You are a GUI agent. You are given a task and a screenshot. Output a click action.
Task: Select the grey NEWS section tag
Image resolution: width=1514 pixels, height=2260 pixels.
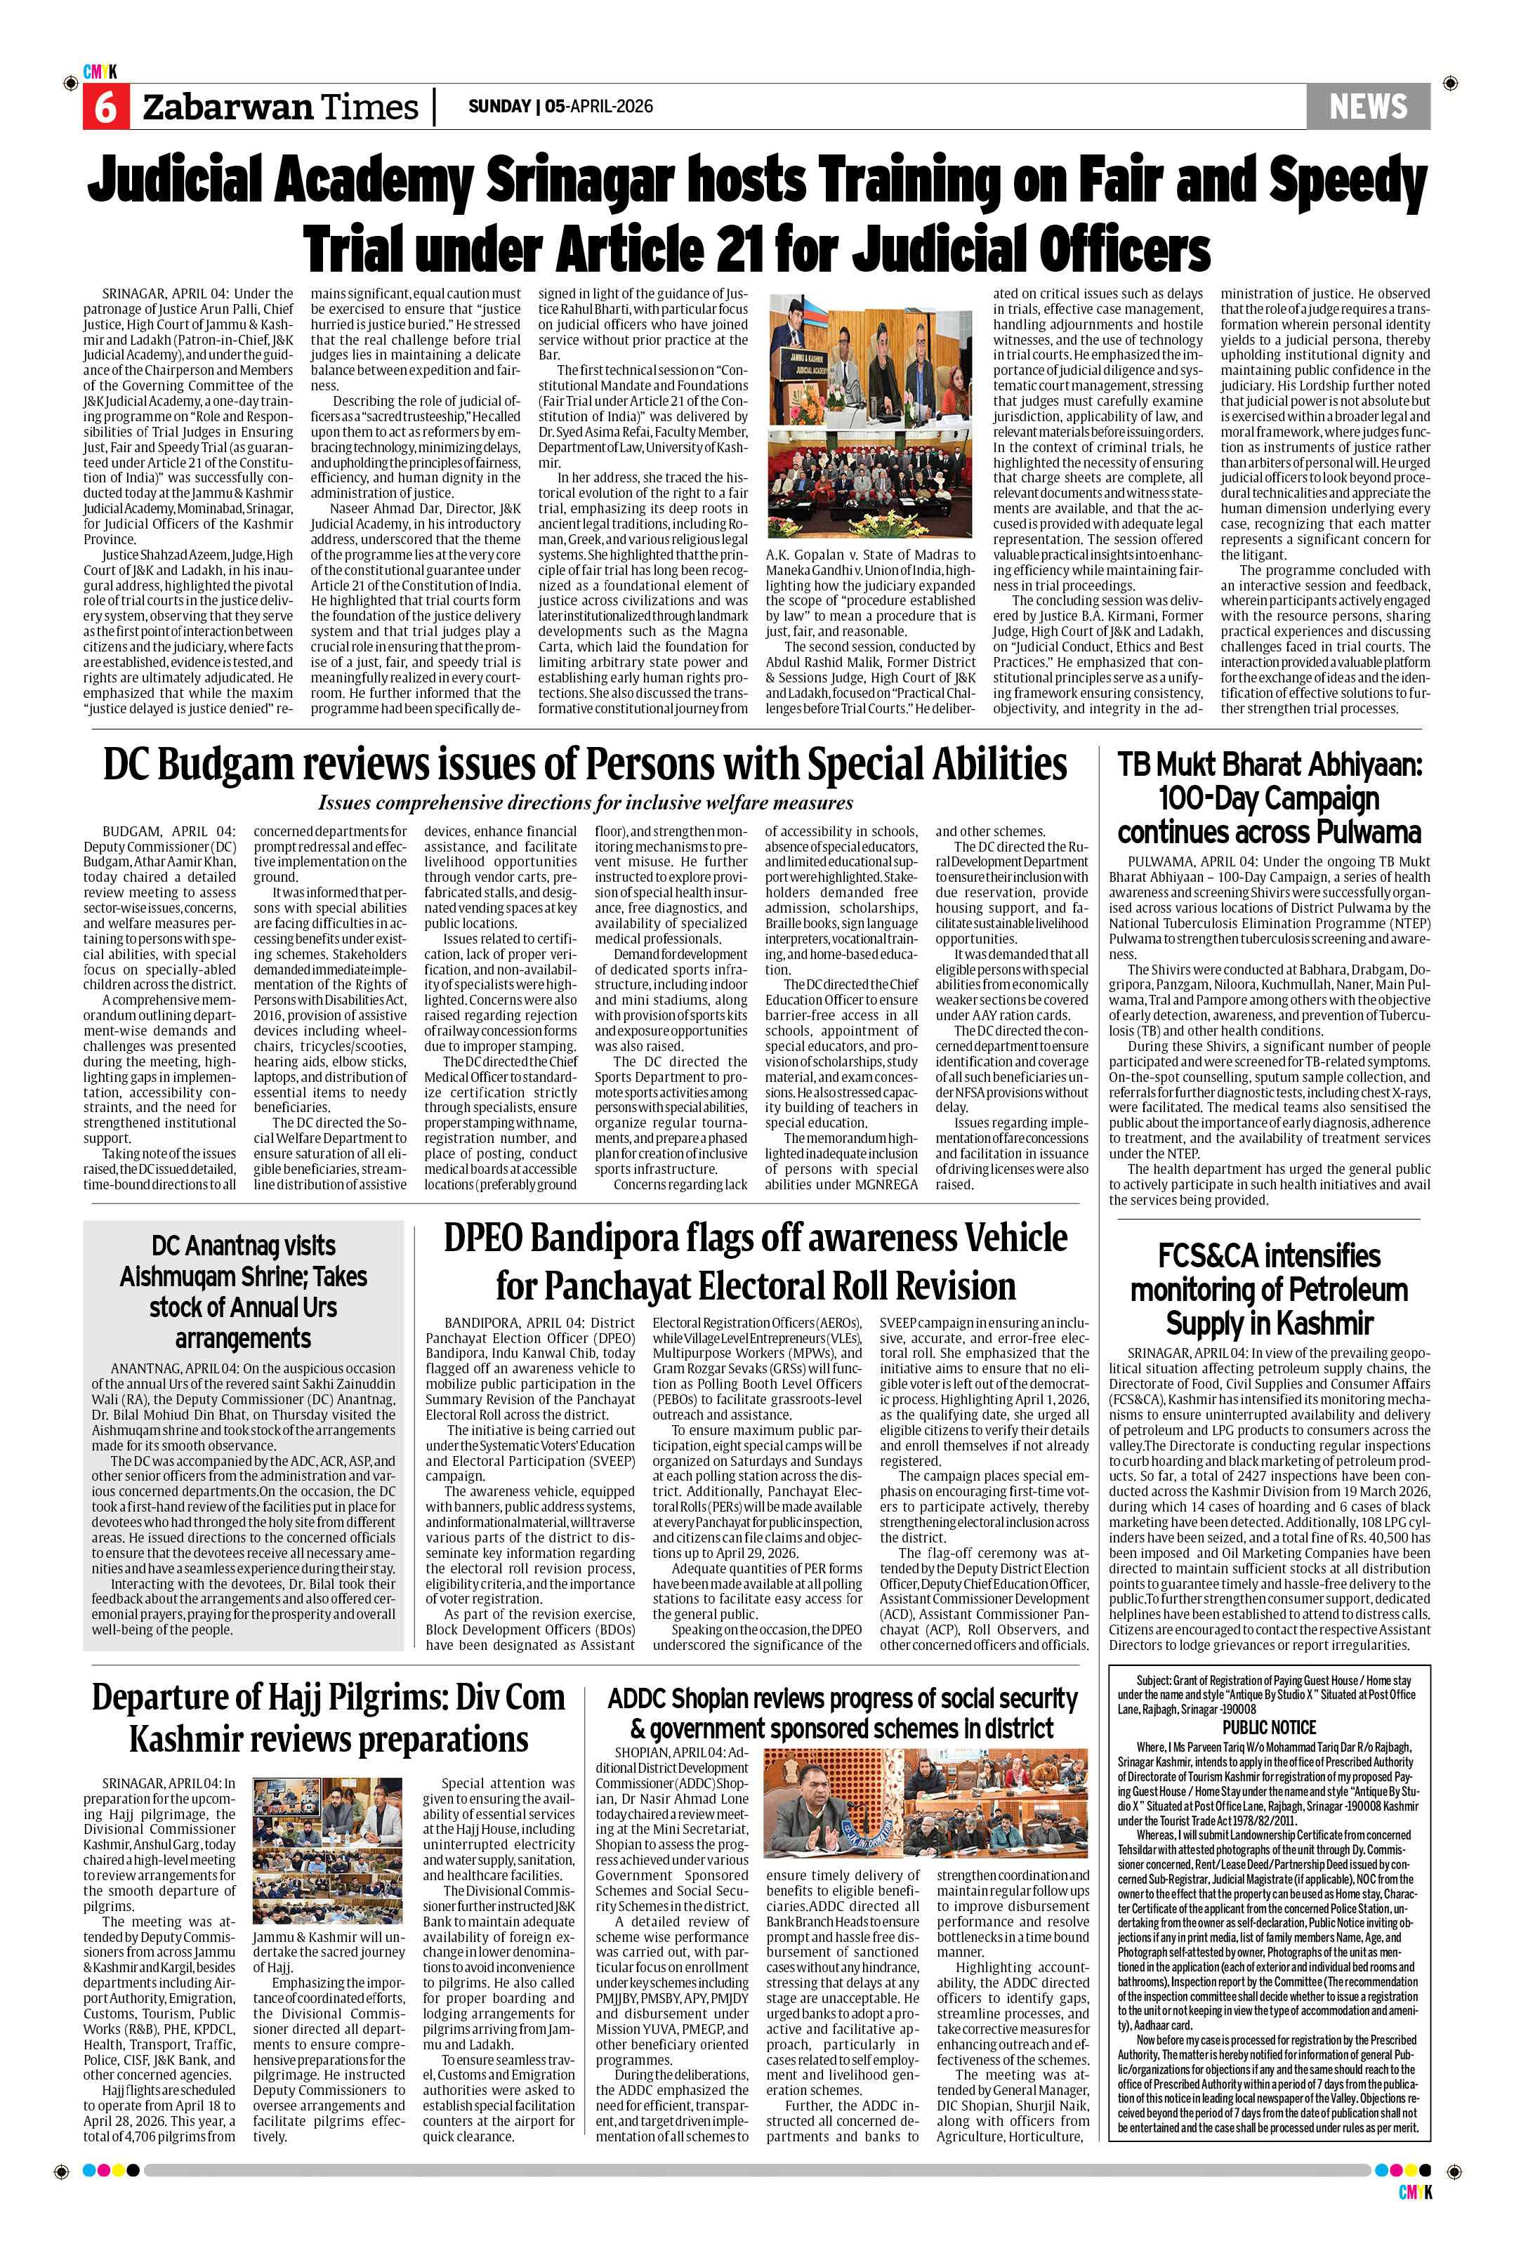tap(1367, 106)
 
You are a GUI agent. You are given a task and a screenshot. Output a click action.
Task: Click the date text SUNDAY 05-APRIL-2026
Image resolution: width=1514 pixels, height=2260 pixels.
tap(560, 106)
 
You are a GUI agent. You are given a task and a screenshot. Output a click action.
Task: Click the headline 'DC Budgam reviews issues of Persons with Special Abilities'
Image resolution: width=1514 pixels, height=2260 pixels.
tap(585, 765)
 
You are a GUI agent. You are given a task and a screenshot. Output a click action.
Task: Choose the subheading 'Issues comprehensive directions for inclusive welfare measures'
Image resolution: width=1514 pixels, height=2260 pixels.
tap(585, 803)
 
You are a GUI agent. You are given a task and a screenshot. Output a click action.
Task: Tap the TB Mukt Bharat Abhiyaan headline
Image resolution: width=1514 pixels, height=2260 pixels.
tap(1269, 798)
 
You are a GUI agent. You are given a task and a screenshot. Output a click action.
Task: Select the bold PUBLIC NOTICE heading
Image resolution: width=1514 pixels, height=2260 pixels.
tap(1269, 1727)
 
